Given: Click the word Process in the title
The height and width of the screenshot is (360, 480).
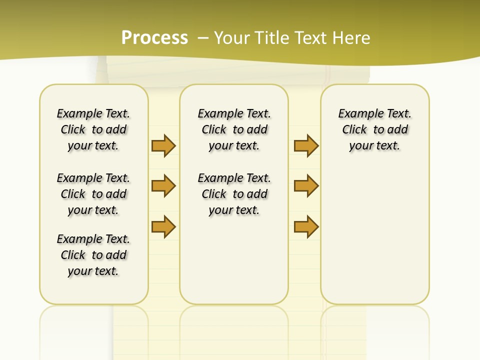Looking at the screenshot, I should click(154, 37).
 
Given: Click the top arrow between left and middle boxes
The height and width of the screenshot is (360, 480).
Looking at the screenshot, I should click(163, 145).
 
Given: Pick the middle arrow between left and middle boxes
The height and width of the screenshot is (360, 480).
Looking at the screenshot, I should click(163, 186).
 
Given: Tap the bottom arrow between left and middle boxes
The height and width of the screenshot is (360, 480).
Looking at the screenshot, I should click(163, 226).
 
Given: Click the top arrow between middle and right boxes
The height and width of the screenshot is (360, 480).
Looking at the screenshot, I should click(306, 145).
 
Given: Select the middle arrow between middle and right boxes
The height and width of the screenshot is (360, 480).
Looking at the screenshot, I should click(306, 186).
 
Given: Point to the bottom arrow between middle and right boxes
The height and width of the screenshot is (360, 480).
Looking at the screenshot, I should click(306, 226).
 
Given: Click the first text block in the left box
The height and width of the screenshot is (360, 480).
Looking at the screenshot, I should click(93, 129).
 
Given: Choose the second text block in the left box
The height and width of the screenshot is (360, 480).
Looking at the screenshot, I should click(93, 194).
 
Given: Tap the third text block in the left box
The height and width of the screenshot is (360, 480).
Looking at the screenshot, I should click(93, 255).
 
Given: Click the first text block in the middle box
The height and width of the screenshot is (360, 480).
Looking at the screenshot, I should click(234, 129).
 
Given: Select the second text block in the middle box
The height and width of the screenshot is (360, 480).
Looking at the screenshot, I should click(234, 194).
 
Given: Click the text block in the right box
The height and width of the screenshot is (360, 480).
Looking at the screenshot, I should click(375, 129).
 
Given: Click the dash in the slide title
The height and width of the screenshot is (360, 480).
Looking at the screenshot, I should click(203, 37).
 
